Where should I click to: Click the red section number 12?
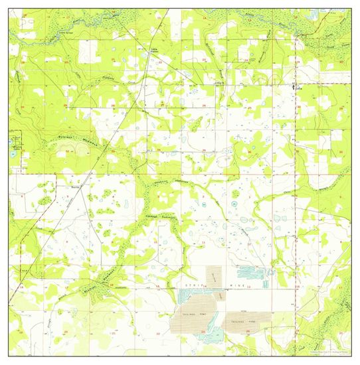pyautogui.click(x=249, y=288)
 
